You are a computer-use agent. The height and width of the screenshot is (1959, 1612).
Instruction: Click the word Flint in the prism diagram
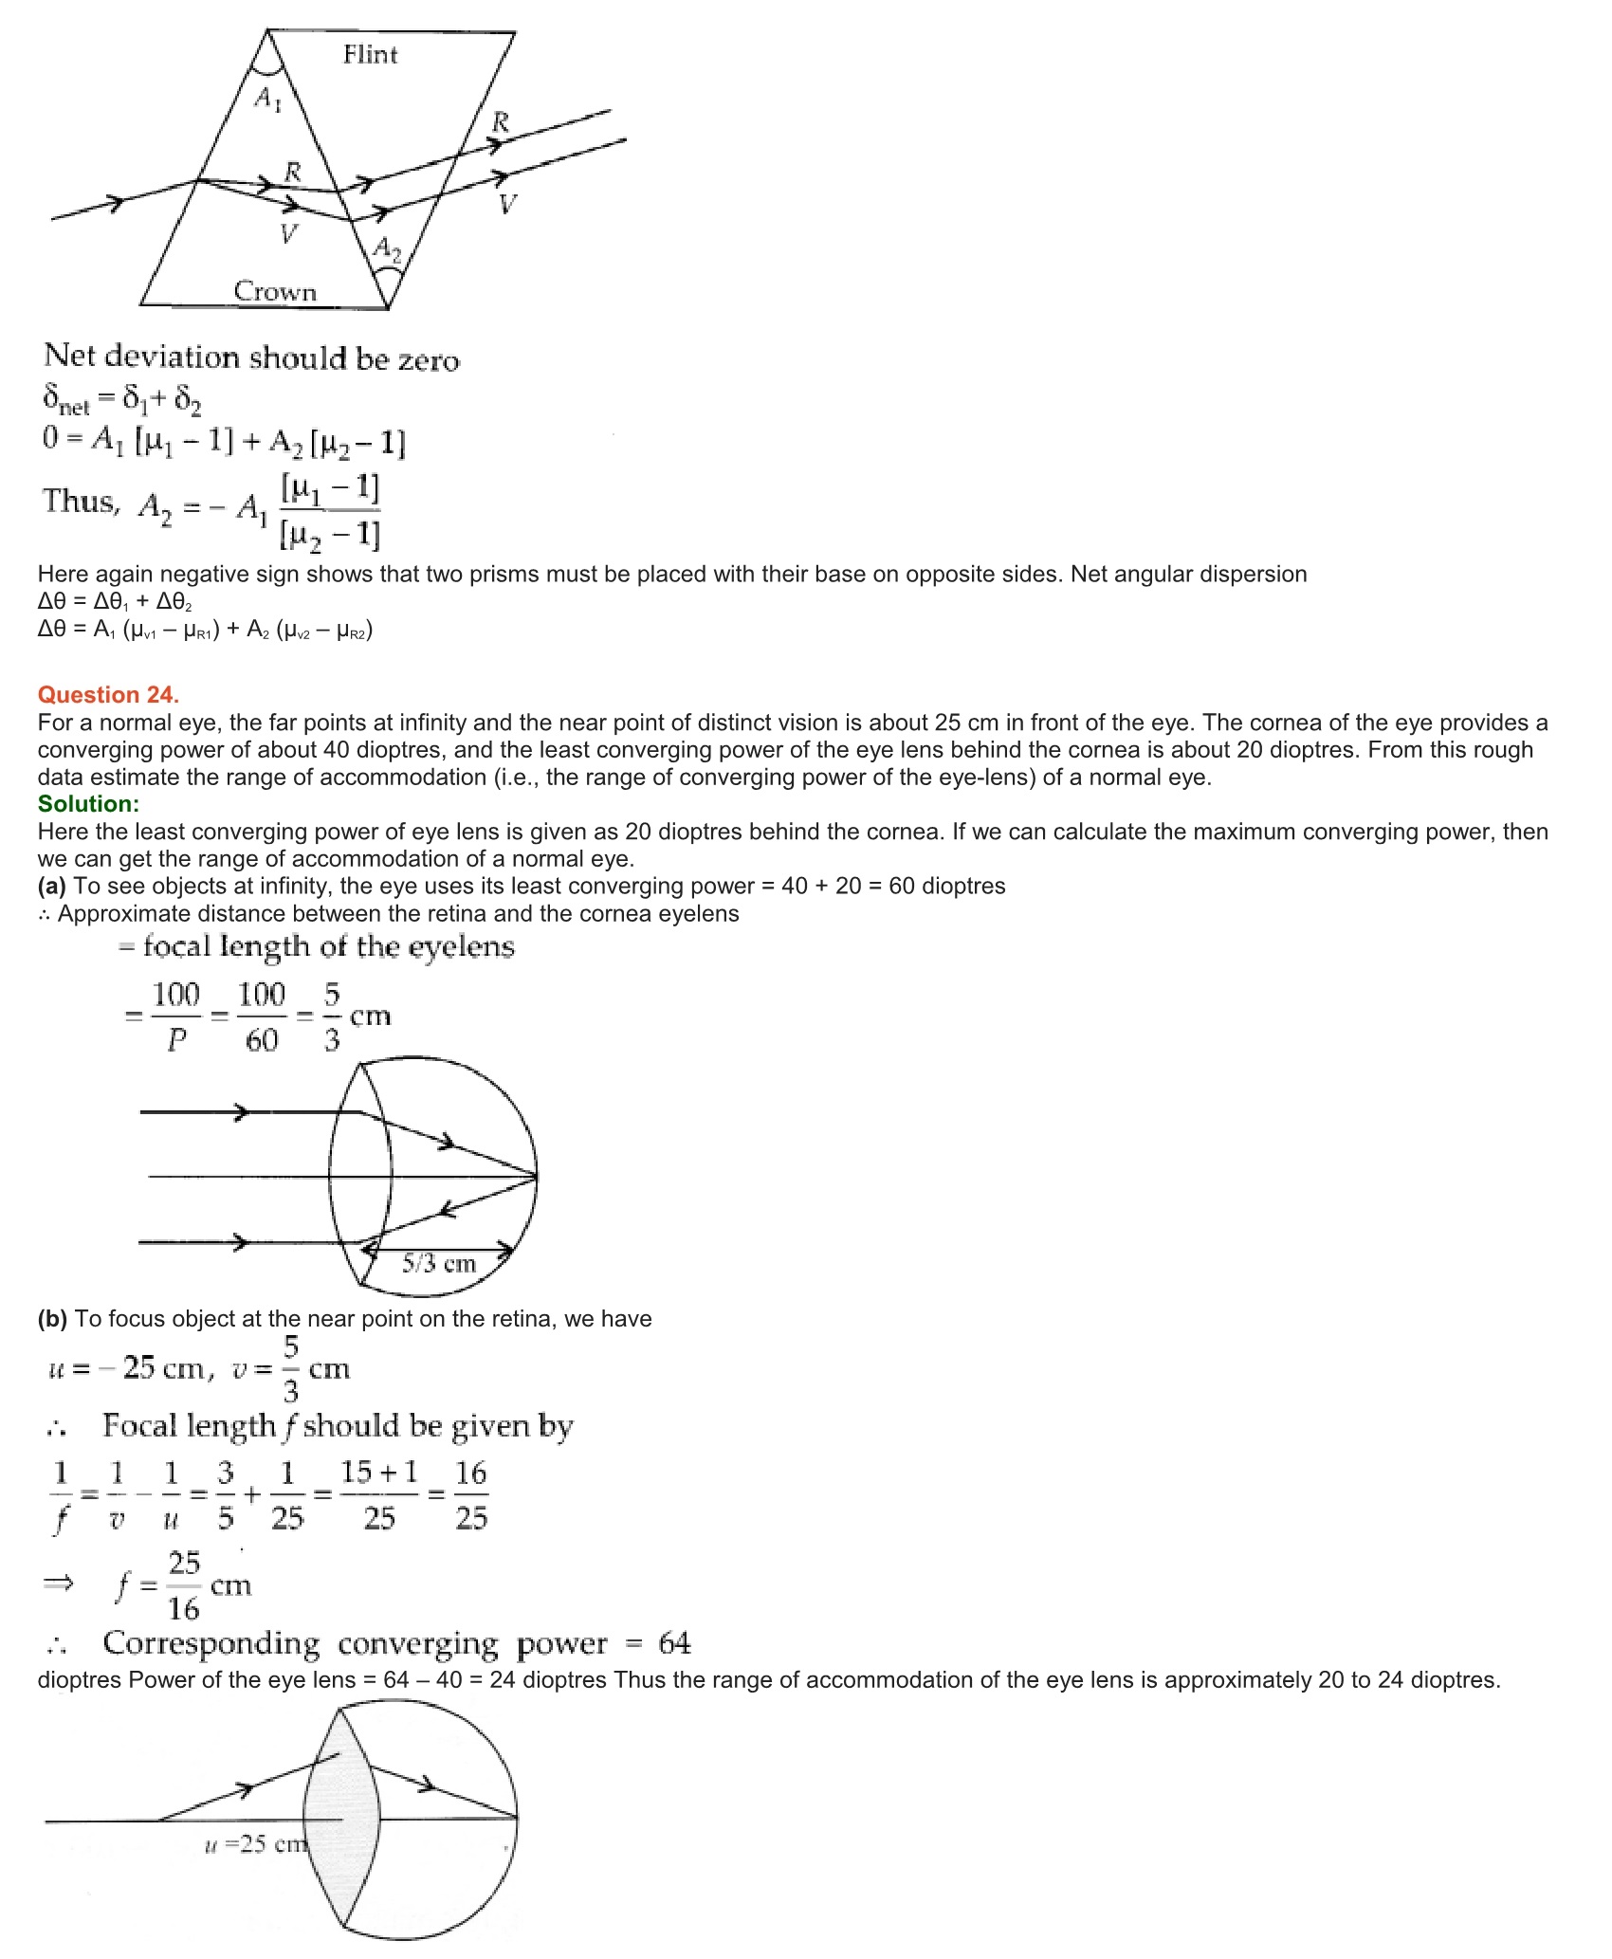370,55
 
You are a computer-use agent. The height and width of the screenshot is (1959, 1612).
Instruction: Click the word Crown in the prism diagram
275,291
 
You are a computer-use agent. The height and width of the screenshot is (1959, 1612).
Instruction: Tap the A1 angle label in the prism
267,98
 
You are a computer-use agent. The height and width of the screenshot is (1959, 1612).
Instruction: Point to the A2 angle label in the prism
387,248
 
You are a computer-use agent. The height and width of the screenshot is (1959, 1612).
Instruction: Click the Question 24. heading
108,695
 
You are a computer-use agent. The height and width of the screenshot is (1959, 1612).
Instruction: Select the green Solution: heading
88,804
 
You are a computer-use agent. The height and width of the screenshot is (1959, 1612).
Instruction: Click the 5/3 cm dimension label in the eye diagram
438,1263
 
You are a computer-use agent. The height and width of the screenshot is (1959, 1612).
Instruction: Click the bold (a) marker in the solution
51,887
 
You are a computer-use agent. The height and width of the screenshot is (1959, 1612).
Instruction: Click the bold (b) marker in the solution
51,1319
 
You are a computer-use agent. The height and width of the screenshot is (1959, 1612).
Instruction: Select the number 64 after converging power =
674,1643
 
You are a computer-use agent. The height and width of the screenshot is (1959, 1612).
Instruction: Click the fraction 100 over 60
261,1017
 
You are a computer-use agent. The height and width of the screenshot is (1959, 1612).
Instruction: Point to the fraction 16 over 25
470,1495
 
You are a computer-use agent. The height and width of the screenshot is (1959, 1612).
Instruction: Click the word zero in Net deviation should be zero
429,360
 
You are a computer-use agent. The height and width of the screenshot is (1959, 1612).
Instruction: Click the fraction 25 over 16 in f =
184,1585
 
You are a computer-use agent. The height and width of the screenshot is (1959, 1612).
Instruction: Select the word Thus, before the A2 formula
81,501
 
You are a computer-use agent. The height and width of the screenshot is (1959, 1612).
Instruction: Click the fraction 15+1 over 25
379,1495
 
